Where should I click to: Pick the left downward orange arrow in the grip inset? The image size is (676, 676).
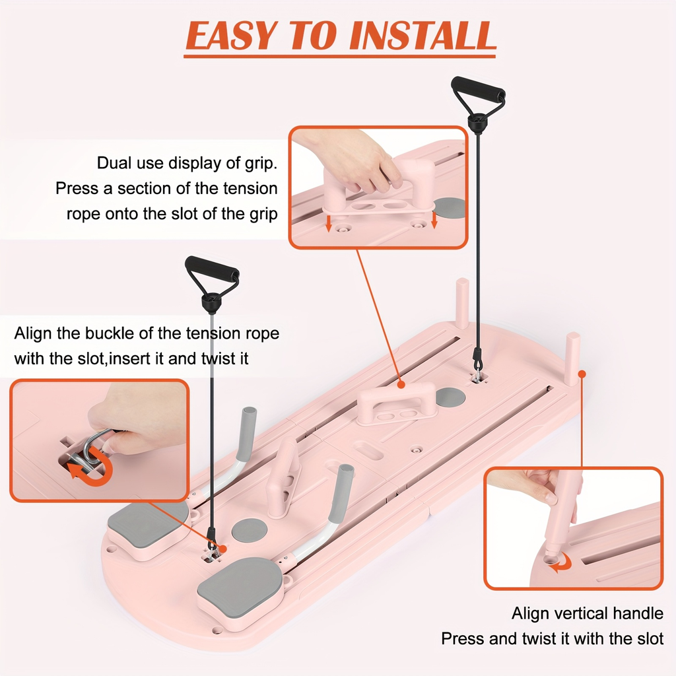329,224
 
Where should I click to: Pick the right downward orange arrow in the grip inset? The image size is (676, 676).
434,220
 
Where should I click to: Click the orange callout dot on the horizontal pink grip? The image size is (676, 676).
401,384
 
